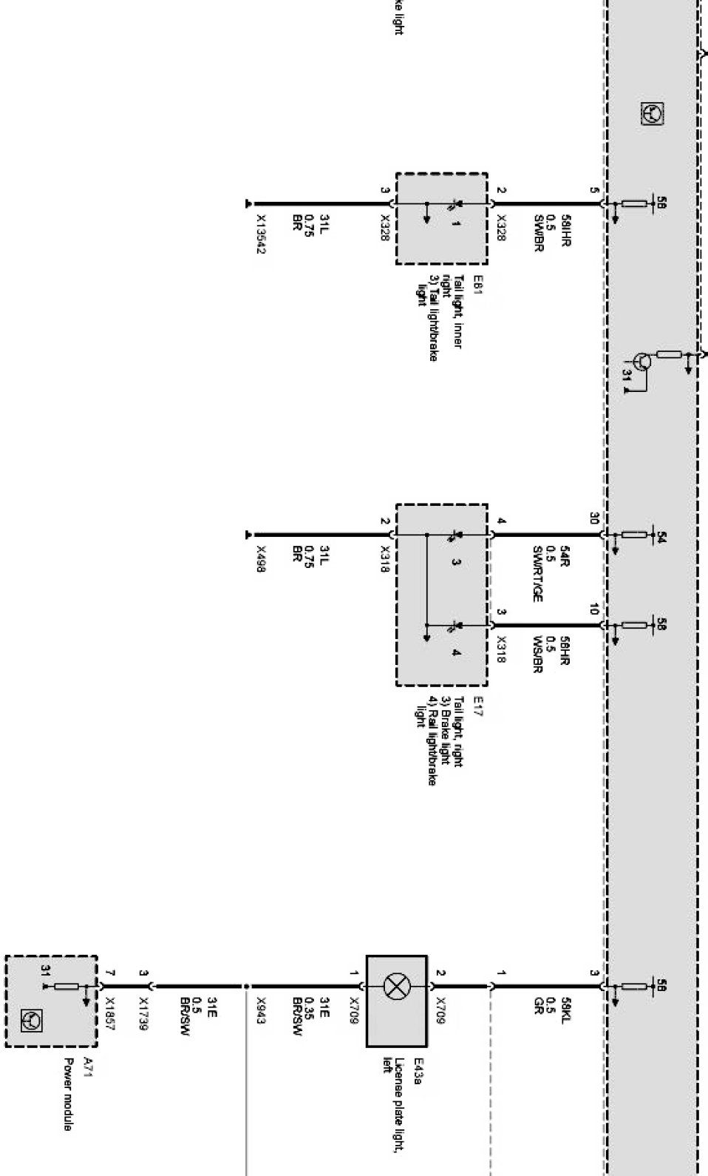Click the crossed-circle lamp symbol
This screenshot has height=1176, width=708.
click(x=397, y=985)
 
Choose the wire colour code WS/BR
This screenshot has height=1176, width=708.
click(x=537, y=655)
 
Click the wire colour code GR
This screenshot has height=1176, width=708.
click(x=539, y=1004)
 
